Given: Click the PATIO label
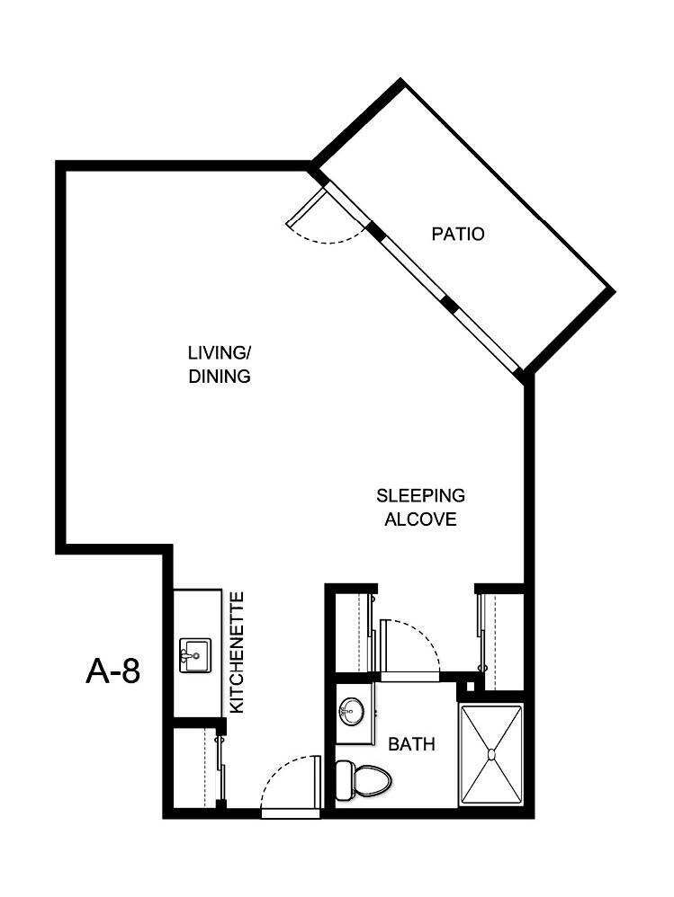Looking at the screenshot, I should [457, 235].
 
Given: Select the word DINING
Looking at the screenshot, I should [219, 377].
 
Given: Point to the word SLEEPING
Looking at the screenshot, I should [420, 495].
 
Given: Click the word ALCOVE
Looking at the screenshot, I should [420, 520].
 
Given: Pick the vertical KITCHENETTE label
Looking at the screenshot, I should [238, 653].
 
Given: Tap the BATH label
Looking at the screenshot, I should [411, 744].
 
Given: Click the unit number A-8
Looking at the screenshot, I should [113, 671].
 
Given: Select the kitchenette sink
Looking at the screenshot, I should [194, 654].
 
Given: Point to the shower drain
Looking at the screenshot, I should [491, 755].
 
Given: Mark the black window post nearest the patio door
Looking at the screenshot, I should [374, 231].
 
